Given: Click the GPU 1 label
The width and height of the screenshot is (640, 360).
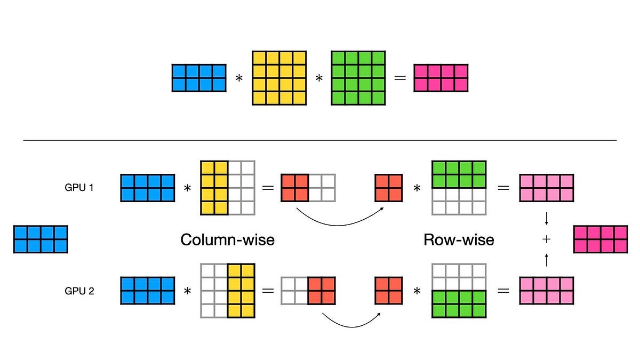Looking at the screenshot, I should pyautogui.click(x=79, y=188).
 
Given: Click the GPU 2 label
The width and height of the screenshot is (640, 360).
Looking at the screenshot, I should pyautogui.click(x=79, y=291).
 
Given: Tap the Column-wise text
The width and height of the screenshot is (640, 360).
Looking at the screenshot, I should pyautogui.click(x=227, y=239).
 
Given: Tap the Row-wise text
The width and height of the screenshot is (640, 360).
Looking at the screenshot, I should pyautogui.click(x=459, y=239).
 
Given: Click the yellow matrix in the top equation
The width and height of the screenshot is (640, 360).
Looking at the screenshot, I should pyautogui.click(x=279, y=78).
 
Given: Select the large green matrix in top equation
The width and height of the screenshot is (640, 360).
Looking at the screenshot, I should pyautogui.click(x=358, y=78).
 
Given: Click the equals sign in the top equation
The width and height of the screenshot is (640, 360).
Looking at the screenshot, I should pyautogui.click(x=399, y=78).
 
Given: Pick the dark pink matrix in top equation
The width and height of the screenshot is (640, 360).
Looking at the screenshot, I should pyautogui.click(x=441, y=78).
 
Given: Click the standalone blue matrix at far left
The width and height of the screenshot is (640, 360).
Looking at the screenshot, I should pyautogui.click(x=41, y=239).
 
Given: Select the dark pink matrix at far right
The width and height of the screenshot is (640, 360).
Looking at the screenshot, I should pyautogui.click(x=600, y=239).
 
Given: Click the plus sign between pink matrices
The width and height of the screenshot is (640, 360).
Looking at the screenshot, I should pyautogui.click(x=546, y=239).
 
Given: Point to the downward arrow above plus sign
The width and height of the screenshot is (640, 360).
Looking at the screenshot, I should pyautogui.click(x=546, y=219).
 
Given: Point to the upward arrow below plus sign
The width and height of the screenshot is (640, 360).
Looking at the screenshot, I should pyautogui.click(x=546, y=260).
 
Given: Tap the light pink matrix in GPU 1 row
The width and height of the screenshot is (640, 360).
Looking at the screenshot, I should pyautogui.click(x=547, y=188).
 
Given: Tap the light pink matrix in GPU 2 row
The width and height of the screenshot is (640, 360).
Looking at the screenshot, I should pyautogui.click(x=547, y=291).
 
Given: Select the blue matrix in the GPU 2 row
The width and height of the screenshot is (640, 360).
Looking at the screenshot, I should pyautogui.click(x=148, y=291).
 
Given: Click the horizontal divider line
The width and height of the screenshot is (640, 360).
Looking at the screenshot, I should pyautogui.click(x=320, y=140).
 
